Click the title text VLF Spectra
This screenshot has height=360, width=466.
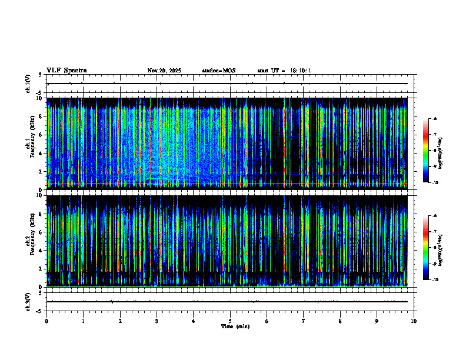[66, 71]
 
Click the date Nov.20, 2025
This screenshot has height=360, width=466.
[164, 71]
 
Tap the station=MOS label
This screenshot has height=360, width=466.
[218, 71]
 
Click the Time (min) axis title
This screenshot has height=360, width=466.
[235, 326]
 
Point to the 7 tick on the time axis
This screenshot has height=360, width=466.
[304, 321]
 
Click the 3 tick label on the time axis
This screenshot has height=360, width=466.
[157, 321]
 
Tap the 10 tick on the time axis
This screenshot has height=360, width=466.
[414, 321]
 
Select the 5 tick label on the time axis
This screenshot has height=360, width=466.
[230, 321]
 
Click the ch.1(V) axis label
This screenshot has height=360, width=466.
[28, 84]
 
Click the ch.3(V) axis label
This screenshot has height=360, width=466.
[28, 301]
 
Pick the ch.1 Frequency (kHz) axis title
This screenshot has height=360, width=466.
[28, 144]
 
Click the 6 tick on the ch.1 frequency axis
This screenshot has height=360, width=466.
[41, 135]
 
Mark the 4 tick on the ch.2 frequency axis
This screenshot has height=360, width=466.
[41, 251]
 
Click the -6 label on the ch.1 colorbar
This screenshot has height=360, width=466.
[434, 119]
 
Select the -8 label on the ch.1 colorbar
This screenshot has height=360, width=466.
[434, 151]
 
